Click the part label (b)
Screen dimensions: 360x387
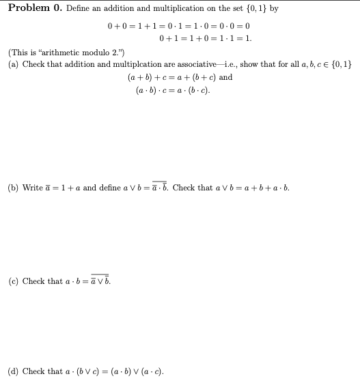pos(12,187)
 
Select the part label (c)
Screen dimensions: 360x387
pos(12,281)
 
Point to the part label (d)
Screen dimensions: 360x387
pos(12,372)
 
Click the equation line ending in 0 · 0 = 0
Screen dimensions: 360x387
pos(180,26)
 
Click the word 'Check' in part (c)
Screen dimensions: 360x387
pos(33,281)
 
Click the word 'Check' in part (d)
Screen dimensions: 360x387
pos(33,372)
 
